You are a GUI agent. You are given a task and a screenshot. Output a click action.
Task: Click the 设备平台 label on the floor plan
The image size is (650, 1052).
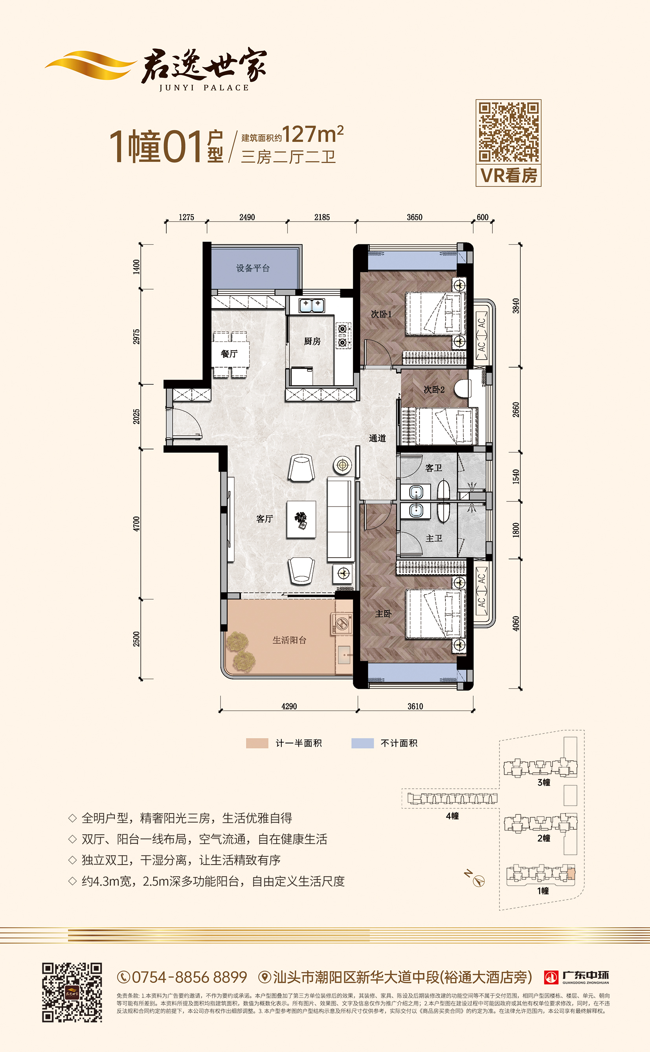click(253, 268)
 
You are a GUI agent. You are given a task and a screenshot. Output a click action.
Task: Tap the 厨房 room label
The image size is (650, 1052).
click(312, 341)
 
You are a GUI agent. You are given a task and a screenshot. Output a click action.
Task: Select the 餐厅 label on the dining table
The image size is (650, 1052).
click(229, 354)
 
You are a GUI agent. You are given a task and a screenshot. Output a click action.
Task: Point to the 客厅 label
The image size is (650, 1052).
click(264, 519)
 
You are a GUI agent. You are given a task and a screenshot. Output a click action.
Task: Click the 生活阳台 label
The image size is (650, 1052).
click(289, 640)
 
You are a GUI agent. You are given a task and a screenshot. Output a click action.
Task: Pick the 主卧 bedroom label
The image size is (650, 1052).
click(383, 614)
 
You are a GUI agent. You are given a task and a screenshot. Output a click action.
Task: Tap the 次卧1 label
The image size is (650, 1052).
click(381, 314)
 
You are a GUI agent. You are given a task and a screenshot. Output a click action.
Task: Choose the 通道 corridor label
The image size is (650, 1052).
click(377, 438)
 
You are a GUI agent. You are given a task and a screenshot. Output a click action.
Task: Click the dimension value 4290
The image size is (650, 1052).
click(289, 706)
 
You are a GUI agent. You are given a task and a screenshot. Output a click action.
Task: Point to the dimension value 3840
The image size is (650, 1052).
click(516, 306)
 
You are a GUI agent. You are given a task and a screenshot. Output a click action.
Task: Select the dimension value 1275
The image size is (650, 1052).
click(186, 217)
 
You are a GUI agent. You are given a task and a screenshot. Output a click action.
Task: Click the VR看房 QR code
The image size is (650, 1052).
click(509, 132)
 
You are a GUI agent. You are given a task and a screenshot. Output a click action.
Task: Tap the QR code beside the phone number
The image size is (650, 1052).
click(72, 992)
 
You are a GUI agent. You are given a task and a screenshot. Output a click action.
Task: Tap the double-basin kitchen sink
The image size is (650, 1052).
click(312, 305)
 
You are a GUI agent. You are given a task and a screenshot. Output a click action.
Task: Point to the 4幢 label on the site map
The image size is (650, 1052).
click(452, 816)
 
